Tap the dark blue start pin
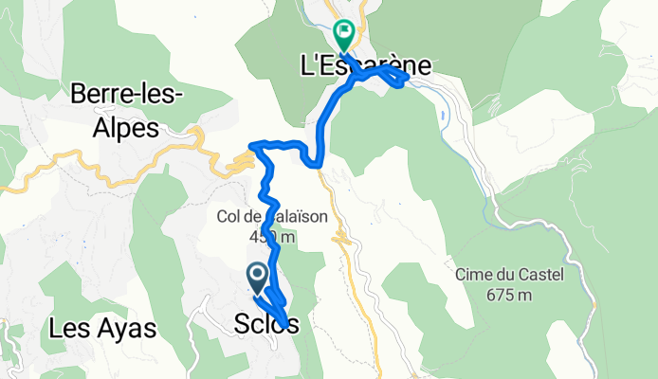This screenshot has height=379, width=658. pos(257,277)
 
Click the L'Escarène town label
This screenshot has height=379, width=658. pos(365,66)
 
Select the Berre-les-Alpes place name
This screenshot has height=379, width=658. pos(127,111)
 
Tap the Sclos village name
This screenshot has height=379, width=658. pos(265,325)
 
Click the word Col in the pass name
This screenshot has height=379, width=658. pos(230,217)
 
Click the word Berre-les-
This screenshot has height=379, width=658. pos(127,94)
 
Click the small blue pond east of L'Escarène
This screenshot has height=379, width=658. pos(444,116)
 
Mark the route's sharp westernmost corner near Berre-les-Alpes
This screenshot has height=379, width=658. pos(251,145)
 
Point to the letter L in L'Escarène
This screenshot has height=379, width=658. pos(305,66)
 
